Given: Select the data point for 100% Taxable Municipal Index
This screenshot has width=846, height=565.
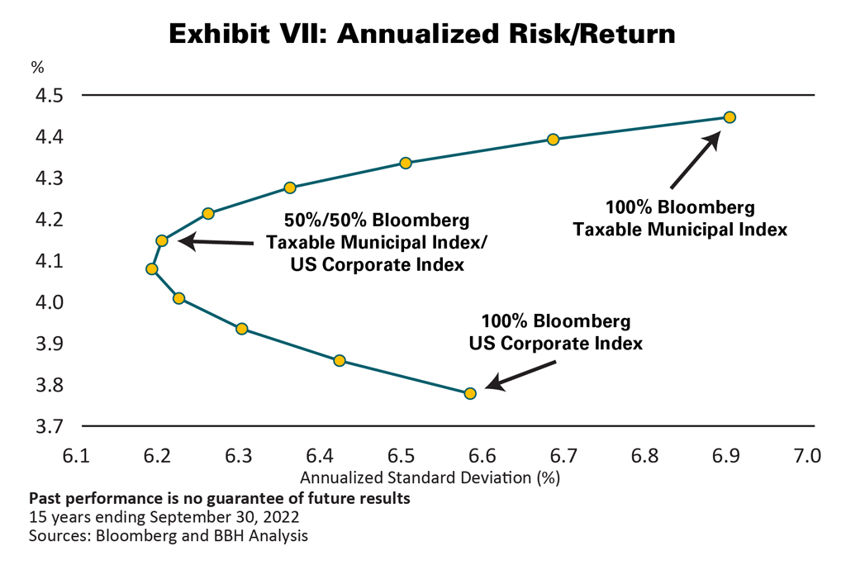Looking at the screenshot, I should (730, 117).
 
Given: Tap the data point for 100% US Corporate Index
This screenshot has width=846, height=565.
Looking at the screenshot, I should (470, 393).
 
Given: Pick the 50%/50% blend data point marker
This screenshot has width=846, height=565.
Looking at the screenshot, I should (162, 240).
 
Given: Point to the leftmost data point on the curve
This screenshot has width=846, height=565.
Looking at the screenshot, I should (151, 268).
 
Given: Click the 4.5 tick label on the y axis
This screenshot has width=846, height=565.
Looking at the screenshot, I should (48, 96).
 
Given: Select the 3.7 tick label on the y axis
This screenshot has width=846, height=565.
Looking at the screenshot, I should (48, 427).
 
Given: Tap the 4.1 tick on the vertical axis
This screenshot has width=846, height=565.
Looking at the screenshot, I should (48, 261).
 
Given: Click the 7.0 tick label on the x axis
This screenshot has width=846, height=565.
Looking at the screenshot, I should (806, 456).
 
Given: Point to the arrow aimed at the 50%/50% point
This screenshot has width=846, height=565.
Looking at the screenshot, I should (216, 242).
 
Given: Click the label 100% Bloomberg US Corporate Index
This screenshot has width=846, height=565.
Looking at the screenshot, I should (555, 331).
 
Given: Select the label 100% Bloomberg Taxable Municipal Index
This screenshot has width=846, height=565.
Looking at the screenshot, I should (680, 219).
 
